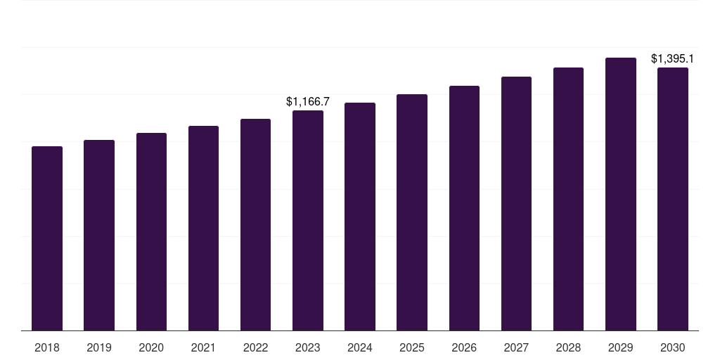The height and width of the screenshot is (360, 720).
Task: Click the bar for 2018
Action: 47,238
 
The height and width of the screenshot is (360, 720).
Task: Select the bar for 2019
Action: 99,235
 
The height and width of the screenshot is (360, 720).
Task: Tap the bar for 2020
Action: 151,231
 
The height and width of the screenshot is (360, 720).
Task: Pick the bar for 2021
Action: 203,228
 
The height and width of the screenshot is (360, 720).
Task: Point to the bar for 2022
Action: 255,224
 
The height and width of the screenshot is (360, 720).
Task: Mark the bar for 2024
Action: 360,217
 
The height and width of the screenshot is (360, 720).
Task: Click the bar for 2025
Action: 412,212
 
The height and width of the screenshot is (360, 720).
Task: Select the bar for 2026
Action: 464,208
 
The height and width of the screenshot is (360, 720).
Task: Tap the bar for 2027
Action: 516,203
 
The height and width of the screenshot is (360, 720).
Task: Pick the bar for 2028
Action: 568,199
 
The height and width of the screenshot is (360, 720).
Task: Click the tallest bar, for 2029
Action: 621,194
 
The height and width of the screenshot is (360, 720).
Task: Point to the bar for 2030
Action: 673,199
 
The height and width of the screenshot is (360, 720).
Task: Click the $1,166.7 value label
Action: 308,102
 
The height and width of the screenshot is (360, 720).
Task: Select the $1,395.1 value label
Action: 673,59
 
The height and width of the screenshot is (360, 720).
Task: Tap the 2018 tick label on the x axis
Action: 47,347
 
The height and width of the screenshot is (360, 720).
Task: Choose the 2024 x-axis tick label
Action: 360,347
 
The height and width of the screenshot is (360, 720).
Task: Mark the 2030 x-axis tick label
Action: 673,347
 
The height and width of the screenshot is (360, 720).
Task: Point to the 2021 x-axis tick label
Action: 203,347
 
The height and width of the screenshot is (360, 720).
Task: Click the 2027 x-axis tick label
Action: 516,347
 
